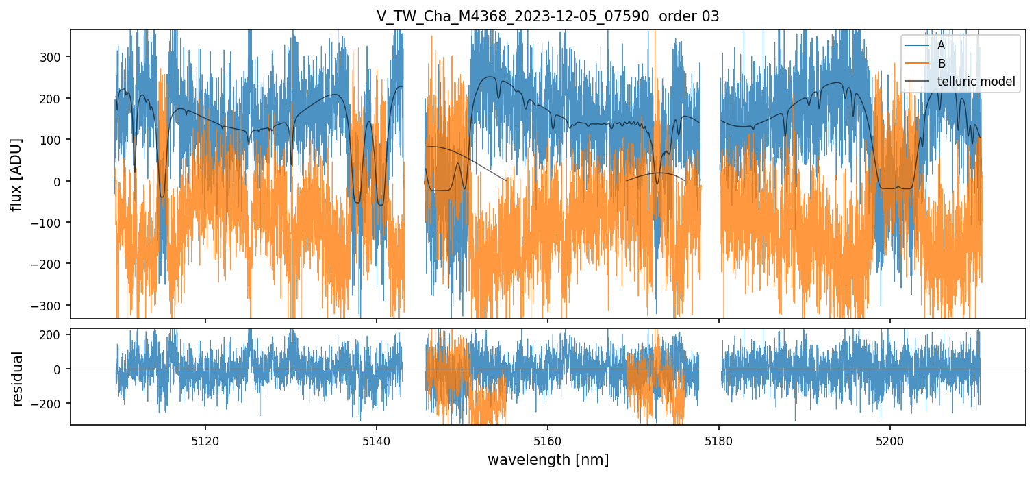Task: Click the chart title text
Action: coord(548,16)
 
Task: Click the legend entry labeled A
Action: coord(942,45)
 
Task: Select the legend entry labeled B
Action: coord(942,64)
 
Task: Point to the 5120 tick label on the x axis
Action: coord(205,440)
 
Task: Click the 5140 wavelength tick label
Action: coord(377,440)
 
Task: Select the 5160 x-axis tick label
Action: coord(548,440)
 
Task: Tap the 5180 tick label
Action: coord(719,440)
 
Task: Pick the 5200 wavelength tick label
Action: coord(889,440)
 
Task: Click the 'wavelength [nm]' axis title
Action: coord(548,459)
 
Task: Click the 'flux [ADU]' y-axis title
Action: coord(16,174)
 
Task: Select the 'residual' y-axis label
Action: coord(16,378)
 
